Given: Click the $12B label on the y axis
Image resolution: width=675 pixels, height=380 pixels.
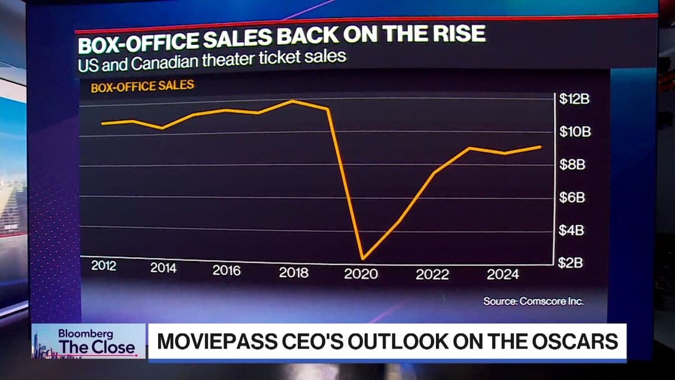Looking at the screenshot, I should pyautogui.click(x=574, y=100).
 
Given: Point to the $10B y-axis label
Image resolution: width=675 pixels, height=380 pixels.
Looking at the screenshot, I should pyautogui.click(x=574, y=132).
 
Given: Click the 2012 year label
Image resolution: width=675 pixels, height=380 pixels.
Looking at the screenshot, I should pyautogui.click(x=103, y=266).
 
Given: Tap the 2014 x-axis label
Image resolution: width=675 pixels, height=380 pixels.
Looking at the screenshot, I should pyautogui.click(x=163, y=268).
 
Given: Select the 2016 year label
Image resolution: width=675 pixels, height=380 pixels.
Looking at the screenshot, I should pyautogui.click(x=226, y=270).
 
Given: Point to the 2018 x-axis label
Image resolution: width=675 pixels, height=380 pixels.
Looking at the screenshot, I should pyautogui.click(x=293, y=272).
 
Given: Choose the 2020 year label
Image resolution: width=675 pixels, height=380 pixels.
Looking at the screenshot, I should pyautogui.click(x=361, y=274).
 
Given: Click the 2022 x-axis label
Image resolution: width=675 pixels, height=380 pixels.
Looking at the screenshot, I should pyautogui.click(x=432, y=275).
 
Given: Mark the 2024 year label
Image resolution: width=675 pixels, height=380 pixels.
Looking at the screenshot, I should pyautogui.click(x=502, y=275).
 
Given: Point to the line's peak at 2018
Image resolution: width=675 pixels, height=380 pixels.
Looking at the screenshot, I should pyautogui.click(x=292, y=101).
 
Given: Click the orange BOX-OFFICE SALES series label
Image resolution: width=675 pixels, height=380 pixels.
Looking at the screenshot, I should pyautogui.click(x=142, y=86).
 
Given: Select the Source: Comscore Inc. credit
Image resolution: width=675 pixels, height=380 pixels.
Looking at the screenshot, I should pyautogui.click(x=533, y=301).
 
